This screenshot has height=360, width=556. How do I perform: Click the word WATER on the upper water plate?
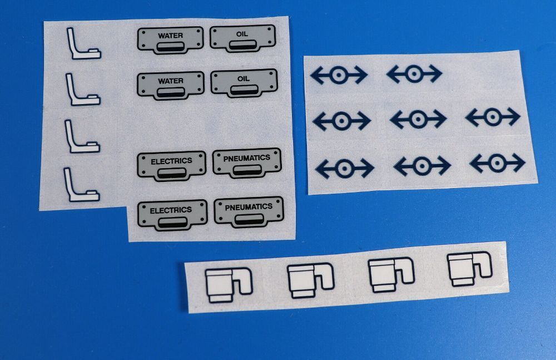(x=171, y=36)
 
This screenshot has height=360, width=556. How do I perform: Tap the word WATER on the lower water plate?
(x=171, y=81)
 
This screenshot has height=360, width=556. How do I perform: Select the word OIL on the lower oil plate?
(x=244, y=78)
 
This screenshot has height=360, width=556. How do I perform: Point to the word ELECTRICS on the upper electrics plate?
(x=171, y=161)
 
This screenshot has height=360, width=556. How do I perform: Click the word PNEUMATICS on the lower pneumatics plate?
(x=249, y=207)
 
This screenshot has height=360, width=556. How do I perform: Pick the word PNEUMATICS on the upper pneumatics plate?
(x=247, y=158)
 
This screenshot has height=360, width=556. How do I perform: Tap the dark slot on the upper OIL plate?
(x=242, y=45)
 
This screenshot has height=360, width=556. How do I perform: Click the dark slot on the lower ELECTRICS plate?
(x=173, y=223)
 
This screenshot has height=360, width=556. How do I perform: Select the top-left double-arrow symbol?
(x=339, y=75)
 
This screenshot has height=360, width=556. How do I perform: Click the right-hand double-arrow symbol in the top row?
(x=414, y=74)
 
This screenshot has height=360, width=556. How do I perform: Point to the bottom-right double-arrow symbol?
(x=497, y=163)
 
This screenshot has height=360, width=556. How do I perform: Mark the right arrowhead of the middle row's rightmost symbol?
(x=513, y=116)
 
